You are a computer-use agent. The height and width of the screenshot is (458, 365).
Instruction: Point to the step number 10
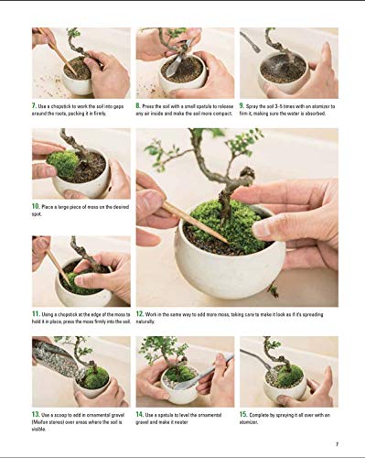pos(37,207)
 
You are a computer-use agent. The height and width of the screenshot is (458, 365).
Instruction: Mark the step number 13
pos(37,415)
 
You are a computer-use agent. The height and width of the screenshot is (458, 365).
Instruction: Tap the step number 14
pos(141,415)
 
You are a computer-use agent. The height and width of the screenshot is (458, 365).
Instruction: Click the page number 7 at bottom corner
pos(336,445)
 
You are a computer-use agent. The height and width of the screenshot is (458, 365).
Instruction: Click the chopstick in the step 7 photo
pos(60,54)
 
